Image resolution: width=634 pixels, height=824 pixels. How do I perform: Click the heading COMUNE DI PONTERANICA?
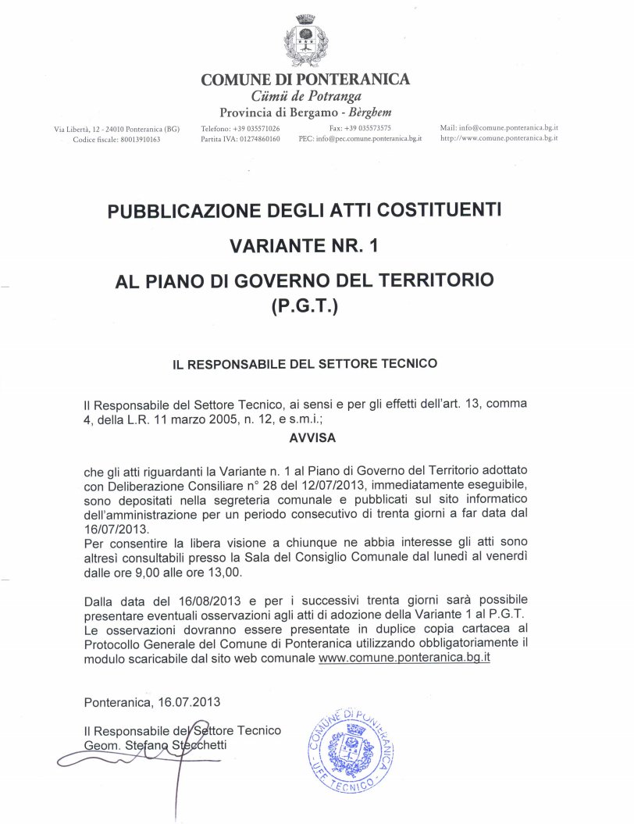tap(305, 80)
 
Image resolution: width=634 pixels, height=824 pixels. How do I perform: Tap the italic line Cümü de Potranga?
tap(305, 95)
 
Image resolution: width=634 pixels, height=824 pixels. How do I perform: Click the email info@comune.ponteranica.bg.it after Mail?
tap(508, 127)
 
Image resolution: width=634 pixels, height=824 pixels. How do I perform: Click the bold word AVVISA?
tap(312, 438)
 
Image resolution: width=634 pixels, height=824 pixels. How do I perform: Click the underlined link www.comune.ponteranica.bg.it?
tap(404, 658)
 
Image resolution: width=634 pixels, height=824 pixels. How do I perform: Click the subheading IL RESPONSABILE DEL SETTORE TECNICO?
tap(305, 363)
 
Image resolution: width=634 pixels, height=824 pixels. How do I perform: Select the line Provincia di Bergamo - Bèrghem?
tap(305, 110)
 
